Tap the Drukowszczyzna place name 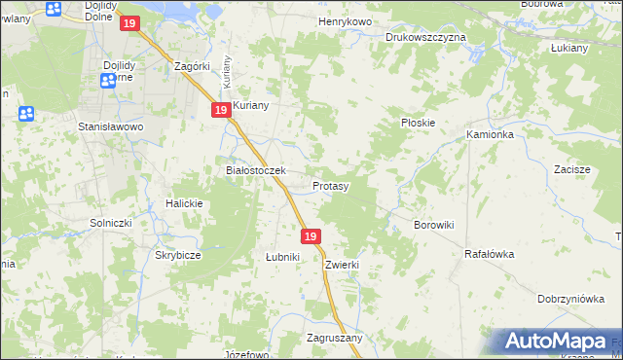425,37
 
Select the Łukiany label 568,47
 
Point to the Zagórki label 192,66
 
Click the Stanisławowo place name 111,126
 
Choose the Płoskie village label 418,123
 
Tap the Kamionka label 490,134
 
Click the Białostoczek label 255,170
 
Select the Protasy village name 331,185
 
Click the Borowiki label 434,225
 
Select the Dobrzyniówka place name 570,300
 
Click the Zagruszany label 334,338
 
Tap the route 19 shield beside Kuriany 221,112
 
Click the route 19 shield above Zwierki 311,236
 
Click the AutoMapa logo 558,342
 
